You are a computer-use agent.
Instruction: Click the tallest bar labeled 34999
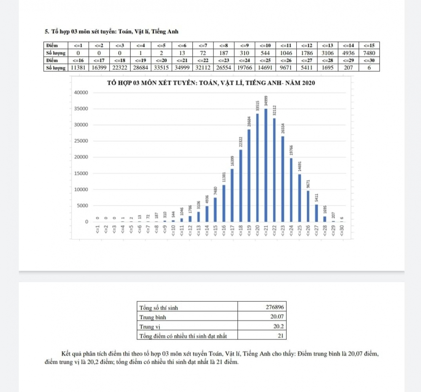pos(266,165)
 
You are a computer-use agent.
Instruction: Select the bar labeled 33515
pos(257,167)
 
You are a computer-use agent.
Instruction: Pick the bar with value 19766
pos(291,190)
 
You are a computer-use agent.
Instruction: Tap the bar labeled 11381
pos(224,203)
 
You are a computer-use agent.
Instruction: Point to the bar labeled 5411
pos(317,213)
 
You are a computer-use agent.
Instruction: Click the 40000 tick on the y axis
pos(80,93)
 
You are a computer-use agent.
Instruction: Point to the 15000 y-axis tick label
pos(80,173)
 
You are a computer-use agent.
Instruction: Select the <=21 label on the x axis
pos(266,231)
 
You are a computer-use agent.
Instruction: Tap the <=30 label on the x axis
pos(342,231)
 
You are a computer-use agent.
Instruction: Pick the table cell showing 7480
pos(369,53)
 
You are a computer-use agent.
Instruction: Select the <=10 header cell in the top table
pos(265,46)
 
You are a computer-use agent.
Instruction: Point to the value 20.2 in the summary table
pos(278,326)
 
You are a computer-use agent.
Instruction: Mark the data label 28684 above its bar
pos(249,123)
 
